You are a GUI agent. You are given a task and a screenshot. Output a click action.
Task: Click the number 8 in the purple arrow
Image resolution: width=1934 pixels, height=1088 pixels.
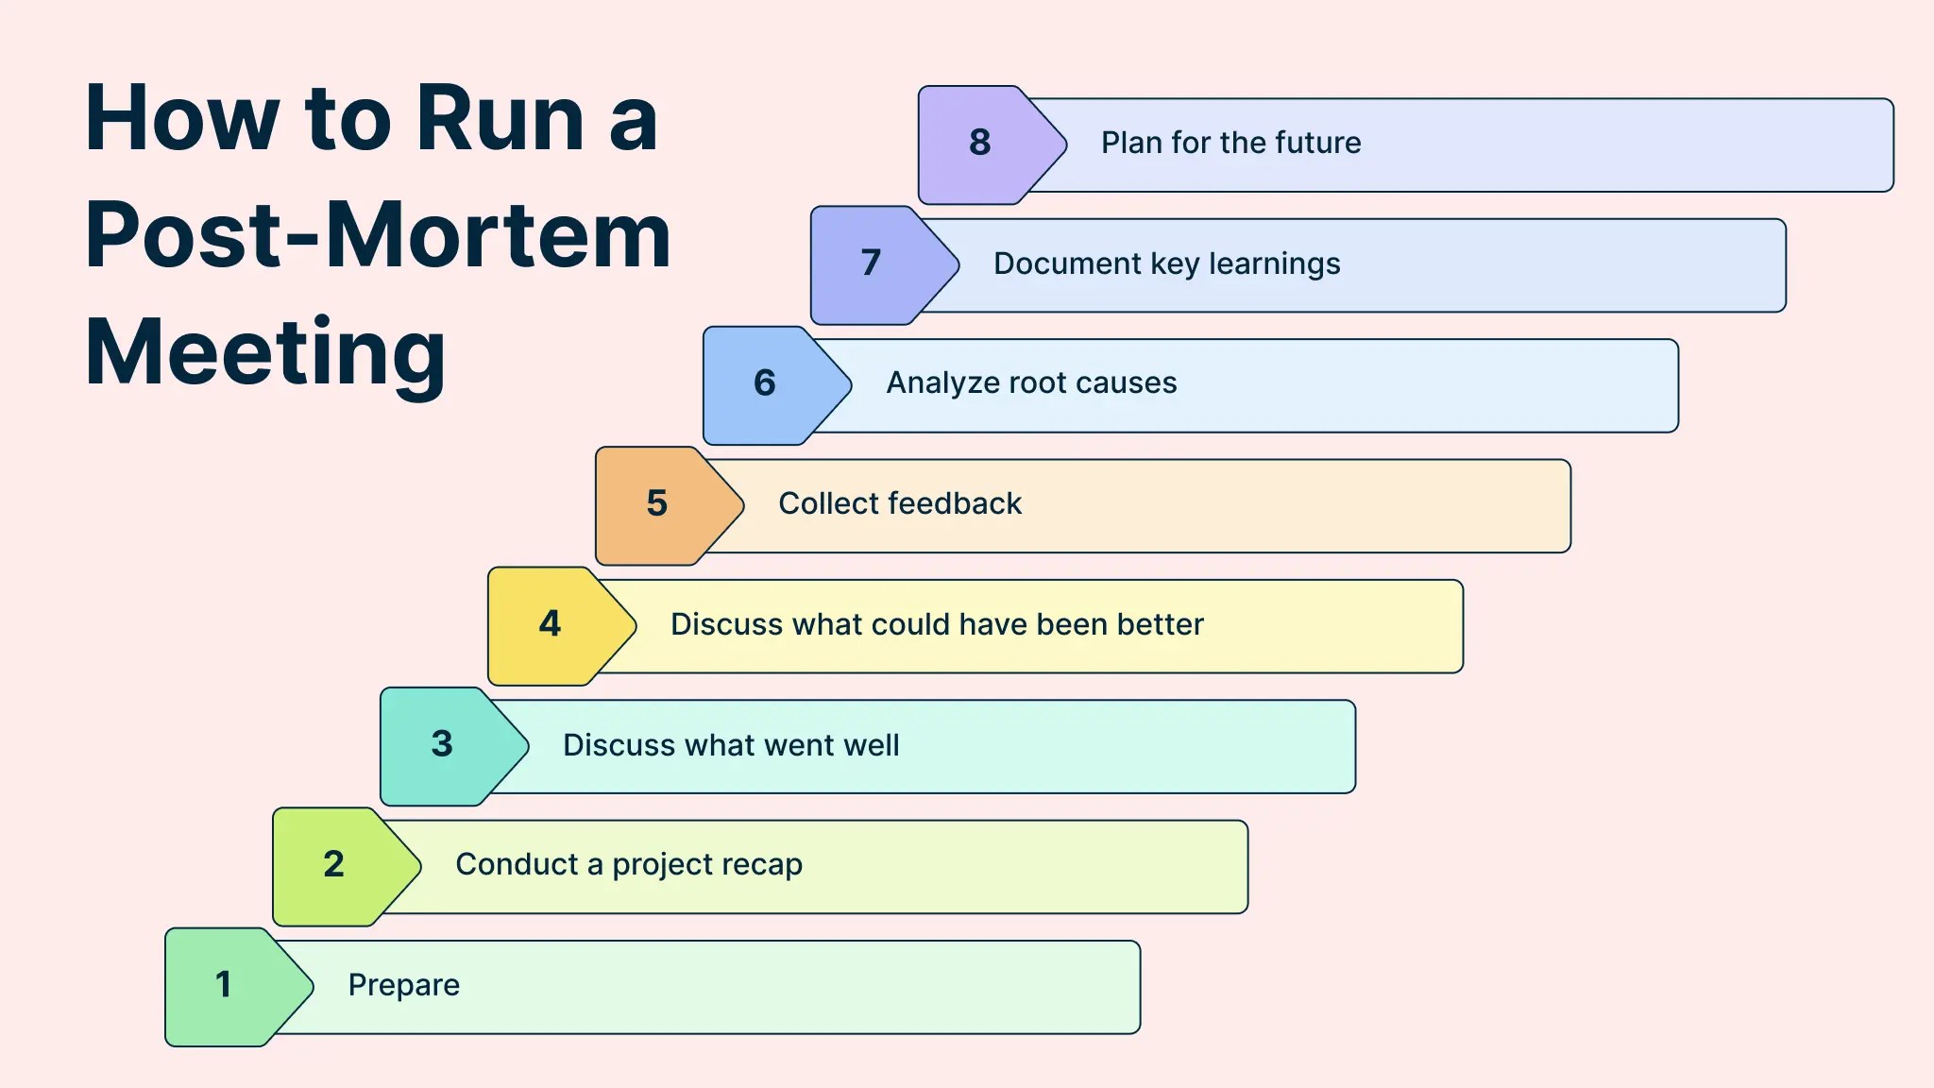coord(979,143)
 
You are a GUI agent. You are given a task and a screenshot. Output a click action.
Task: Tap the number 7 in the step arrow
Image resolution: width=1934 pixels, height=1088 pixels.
coord(871,263)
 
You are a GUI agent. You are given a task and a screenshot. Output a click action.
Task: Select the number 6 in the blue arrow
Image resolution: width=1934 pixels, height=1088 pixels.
coord(764,382)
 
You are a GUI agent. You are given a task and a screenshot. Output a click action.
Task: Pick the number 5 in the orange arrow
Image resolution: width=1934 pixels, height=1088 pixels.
coord(656,503)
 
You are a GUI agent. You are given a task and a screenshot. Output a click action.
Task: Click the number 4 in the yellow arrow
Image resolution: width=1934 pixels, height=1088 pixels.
coord(550,623)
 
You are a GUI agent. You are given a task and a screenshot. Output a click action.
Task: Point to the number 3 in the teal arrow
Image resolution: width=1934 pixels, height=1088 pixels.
coord(442,744)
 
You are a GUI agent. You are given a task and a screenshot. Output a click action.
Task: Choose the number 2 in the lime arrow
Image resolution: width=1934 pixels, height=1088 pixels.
coord(333,864)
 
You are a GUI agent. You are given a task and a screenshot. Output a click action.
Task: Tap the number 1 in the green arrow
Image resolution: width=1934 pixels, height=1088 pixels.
coord(224,984)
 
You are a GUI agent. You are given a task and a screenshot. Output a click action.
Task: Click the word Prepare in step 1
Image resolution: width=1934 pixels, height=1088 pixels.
coord(403,985)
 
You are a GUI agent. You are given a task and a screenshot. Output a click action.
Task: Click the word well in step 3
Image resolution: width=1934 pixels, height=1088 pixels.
coord(871,745)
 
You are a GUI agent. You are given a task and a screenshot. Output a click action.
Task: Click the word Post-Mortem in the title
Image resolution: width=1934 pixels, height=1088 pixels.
coord(378,236)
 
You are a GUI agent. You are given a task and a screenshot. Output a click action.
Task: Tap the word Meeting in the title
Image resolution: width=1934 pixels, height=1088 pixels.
coord(265,352)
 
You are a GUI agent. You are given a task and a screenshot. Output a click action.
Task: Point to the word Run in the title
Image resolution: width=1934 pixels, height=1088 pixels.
coord(500,119)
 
